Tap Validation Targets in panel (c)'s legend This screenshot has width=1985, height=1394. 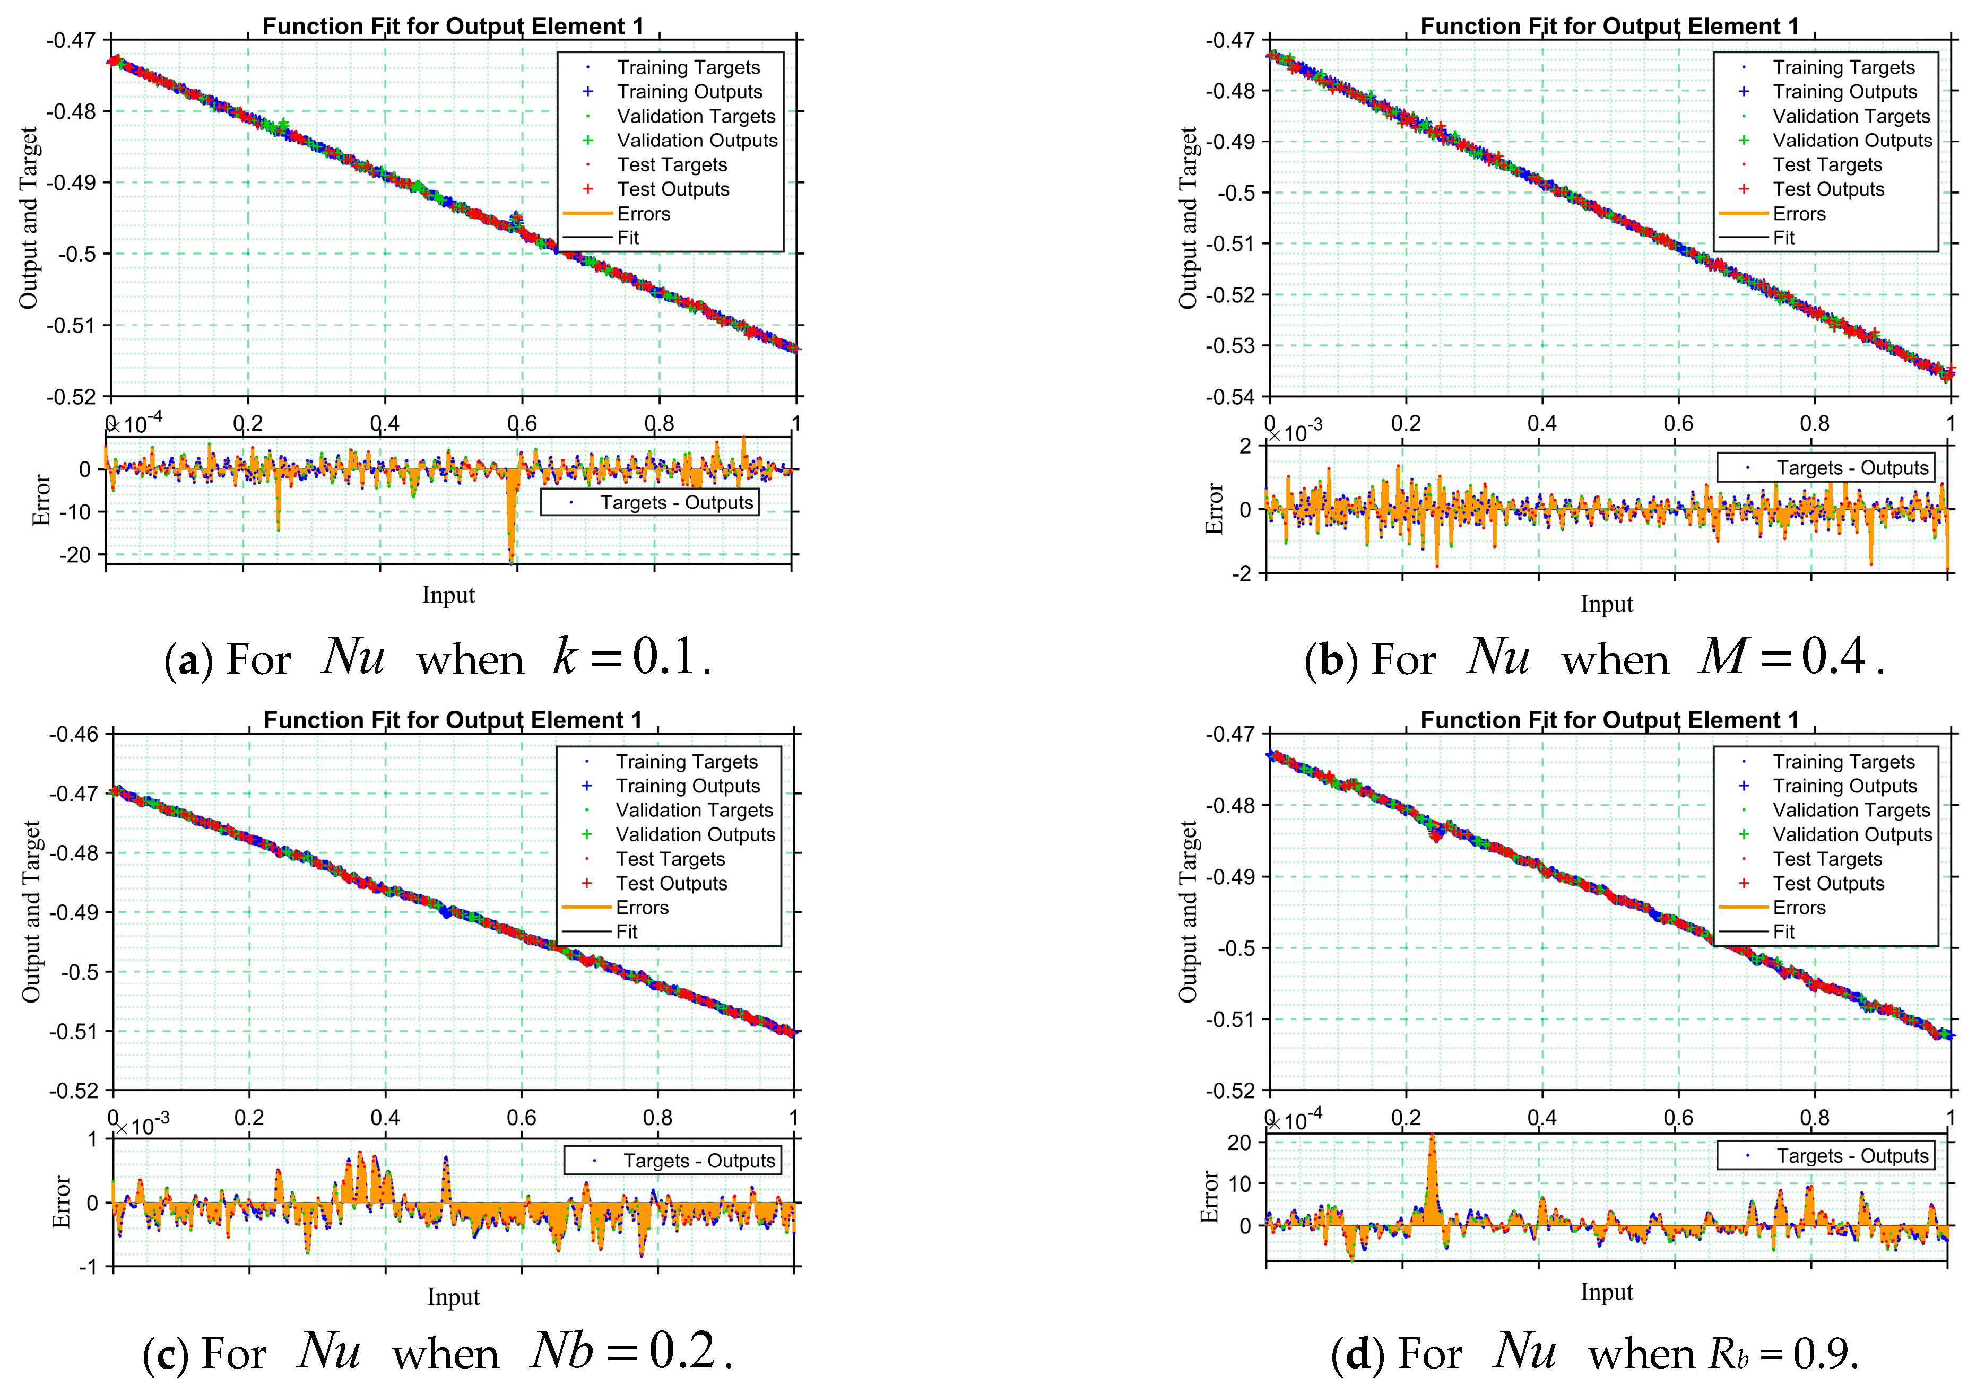pos(694,810)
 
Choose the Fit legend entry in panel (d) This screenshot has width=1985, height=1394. pos(1783,931)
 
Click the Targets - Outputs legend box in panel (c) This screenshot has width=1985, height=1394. pos(673,1160)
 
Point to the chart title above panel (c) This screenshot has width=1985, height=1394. pos(453,720)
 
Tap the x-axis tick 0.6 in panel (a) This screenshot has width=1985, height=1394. pos(522,423)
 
